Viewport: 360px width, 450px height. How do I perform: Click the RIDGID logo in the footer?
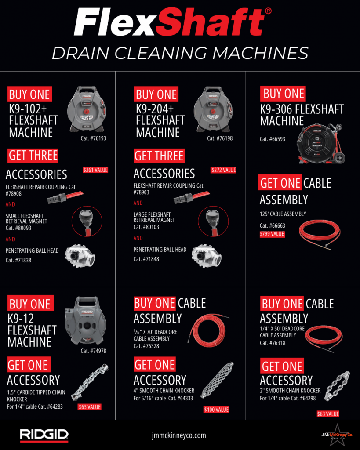point(44,435)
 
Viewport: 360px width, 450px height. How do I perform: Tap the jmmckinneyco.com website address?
point(179,435)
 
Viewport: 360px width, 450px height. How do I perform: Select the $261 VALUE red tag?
point(95,170)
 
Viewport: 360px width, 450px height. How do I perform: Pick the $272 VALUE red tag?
point(223,170)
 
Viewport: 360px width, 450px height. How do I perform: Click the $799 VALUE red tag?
point(272,234)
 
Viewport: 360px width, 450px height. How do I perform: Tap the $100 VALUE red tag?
point(216,410)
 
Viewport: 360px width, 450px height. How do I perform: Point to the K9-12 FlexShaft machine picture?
point(85,320)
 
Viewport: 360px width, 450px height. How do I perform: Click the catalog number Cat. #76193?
point(93,138)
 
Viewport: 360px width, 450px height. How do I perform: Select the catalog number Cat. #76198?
point(220,138)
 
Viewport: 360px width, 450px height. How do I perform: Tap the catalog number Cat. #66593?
point(273,139)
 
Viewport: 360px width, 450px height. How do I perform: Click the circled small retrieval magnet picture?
point(87,221)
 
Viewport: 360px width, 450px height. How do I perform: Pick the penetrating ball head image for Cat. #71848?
point(207,256)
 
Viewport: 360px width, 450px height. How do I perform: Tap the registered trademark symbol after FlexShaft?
point(268,11)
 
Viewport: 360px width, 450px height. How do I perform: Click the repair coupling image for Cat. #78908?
point(65,197)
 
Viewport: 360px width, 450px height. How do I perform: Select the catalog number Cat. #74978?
point(93,351)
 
